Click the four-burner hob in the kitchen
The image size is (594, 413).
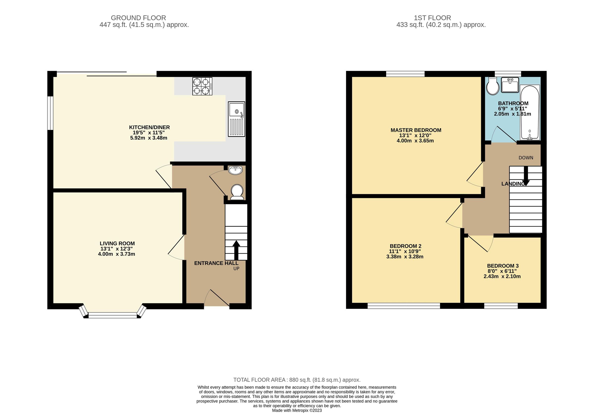202,86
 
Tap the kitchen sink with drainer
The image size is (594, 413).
236,119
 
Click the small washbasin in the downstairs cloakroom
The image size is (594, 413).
235,170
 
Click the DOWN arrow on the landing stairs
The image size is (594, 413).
526,176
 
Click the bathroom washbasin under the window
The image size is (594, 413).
510,85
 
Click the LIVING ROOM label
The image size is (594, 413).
117,243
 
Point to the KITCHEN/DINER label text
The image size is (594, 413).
149,127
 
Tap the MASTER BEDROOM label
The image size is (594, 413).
416,130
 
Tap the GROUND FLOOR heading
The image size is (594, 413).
138,18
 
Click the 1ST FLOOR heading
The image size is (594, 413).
432,18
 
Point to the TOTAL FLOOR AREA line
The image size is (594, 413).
297,380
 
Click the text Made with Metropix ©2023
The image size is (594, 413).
297,411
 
